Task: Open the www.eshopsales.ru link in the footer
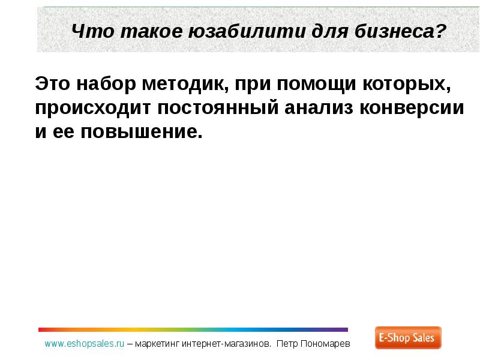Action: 84,344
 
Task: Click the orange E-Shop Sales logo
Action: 408,338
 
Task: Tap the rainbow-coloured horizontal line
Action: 193,329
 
